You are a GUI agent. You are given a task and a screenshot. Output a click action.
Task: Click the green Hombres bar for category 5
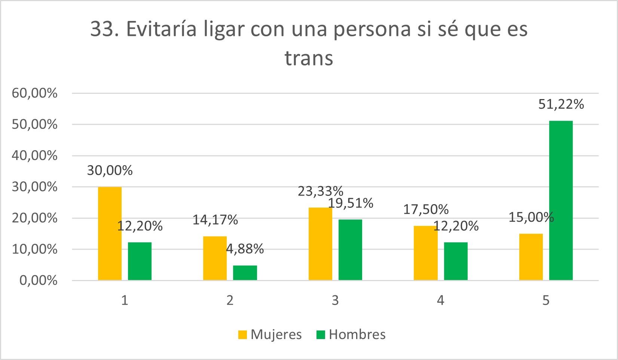561,200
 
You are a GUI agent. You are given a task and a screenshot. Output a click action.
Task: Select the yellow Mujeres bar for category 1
110,233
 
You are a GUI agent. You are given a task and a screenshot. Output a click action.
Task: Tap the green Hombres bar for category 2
245,273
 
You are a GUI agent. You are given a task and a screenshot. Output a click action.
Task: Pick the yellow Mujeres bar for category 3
320,244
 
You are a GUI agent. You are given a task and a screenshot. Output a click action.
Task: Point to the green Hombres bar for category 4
456,261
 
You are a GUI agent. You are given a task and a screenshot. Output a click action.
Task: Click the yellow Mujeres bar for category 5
531,257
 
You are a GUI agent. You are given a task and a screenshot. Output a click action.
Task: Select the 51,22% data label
561,104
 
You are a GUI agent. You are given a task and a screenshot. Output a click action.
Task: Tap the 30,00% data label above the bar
110,170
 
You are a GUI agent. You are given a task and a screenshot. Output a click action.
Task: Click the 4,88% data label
245,249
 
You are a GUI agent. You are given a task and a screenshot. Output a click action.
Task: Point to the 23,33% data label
320,191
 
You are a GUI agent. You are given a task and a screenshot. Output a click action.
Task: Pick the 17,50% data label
426,209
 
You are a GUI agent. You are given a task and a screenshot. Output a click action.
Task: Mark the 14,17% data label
215,220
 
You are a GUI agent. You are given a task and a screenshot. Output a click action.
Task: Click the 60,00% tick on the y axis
34,93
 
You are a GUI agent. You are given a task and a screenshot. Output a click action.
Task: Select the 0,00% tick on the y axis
38,280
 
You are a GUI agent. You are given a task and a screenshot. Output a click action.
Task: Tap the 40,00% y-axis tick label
34,156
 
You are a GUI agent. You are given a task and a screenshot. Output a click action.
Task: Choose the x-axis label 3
335,300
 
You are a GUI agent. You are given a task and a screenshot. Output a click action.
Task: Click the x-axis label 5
546,300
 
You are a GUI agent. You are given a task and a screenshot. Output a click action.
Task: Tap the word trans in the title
309,58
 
